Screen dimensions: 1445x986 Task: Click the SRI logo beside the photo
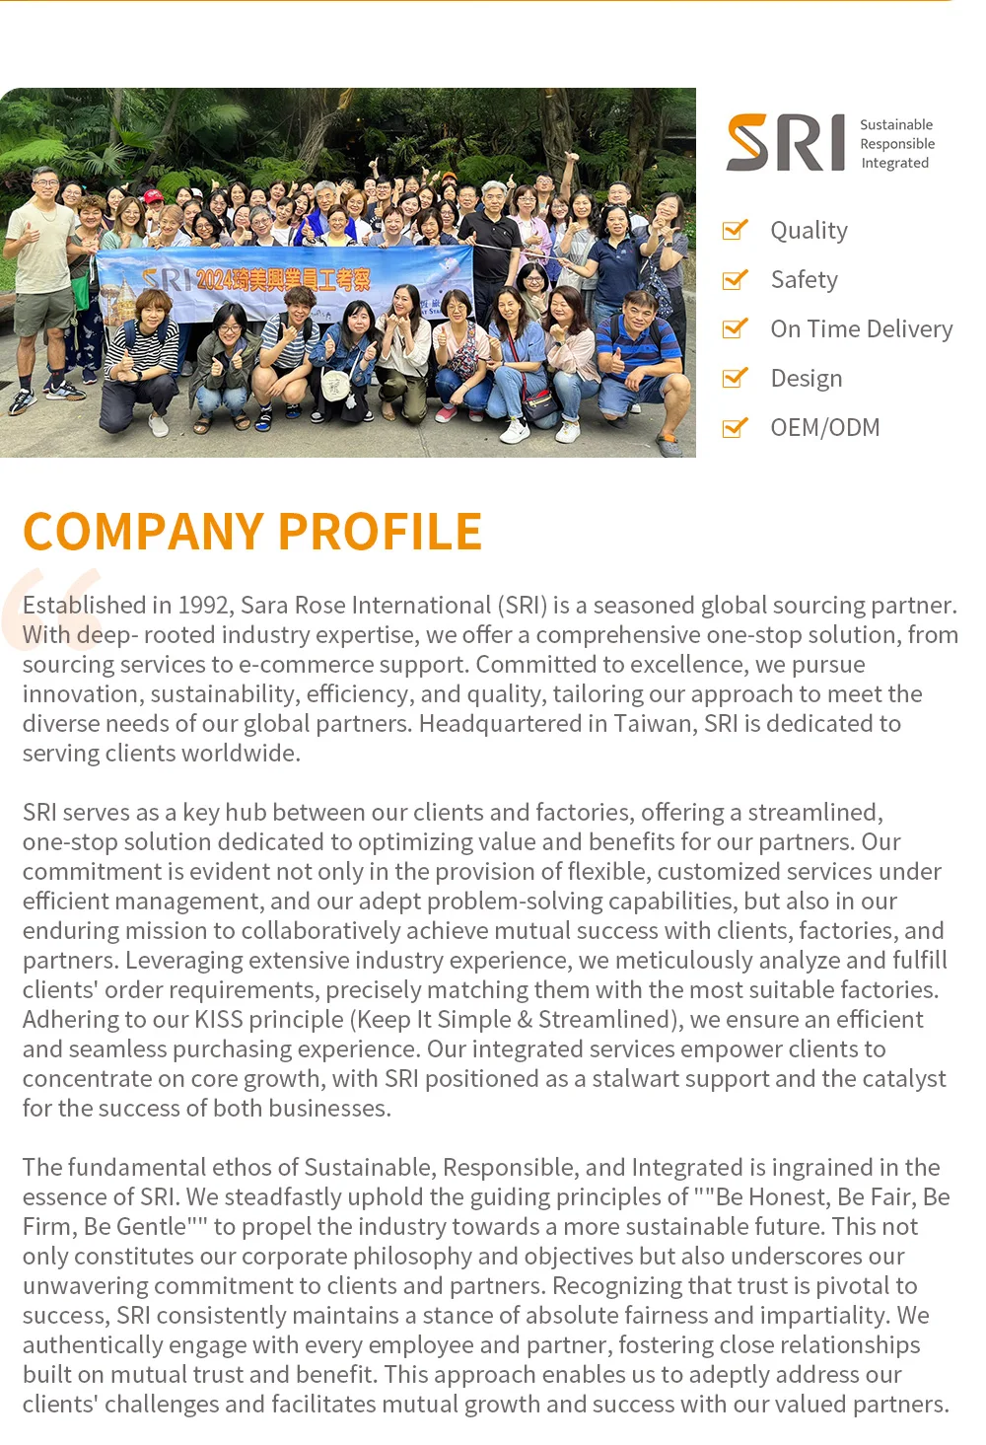click(786, 143)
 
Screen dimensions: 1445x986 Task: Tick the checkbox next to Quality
click(735, 230)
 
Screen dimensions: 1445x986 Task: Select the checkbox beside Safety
click(735, 280)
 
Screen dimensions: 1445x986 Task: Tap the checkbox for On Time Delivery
click(735, 328)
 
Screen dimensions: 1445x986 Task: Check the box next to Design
click(735, 378)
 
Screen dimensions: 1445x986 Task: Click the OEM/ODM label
click(824, 427)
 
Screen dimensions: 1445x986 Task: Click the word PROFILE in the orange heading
click(380, 532)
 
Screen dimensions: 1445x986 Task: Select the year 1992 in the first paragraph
click(205, 605)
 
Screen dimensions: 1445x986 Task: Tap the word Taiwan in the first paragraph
click(652, 723)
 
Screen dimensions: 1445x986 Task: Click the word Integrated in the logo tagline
click(894, 163)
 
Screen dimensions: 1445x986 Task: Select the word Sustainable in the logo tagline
click(895, 124)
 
